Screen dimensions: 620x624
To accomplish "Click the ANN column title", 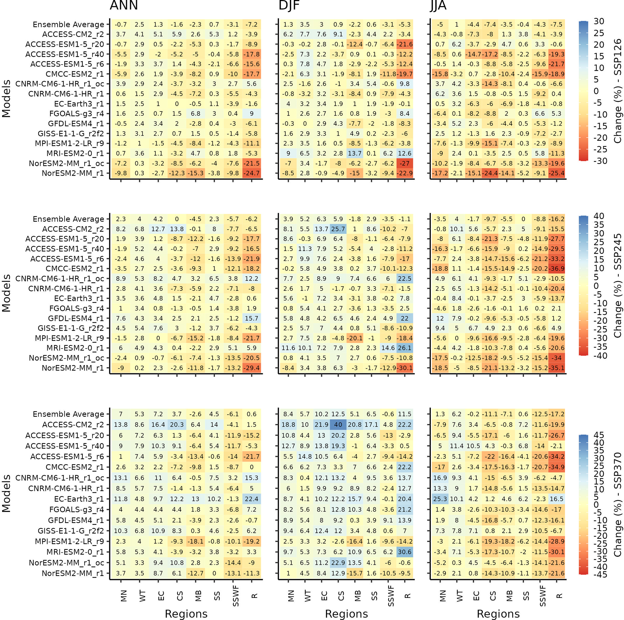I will tap(124, 5).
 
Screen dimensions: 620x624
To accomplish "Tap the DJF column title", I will tap(289, 5).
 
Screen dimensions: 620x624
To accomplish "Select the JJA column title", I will tap(438, 5).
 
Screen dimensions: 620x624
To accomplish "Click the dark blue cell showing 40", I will tap(338, 425).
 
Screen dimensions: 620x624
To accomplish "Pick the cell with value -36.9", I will tap(557, 268).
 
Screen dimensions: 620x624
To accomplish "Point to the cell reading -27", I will tap(405, 163).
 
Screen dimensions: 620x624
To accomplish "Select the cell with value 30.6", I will tap(405, 552).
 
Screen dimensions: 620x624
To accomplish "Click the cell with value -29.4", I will tap(251, 368).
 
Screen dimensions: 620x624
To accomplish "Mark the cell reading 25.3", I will tap(440, 499).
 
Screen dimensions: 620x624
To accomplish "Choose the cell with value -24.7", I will tap(251, 173).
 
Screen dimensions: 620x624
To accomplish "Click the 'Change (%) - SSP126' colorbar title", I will tap(617, 91).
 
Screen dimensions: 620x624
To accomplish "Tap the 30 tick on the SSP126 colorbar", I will tap(599, 21).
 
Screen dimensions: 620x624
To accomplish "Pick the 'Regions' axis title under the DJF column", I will tap(346, 614).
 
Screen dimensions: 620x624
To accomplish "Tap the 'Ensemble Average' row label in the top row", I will tap(69, 24).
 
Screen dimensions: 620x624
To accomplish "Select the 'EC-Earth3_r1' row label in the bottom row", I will tap(79, 499).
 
